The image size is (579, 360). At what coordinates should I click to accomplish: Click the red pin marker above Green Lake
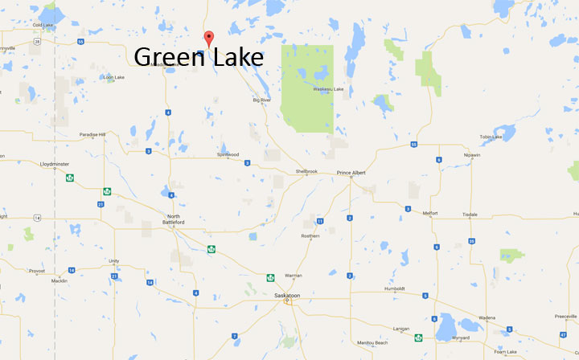click(x=209, y=37)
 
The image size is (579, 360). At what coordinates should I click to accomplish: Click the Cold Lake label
click(x=43, y=25)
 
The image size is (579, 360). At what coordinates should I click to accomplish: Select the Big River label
click(x=262, y=100)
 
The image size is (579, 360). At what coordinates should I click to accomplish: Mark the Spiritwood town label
click(x=228, y=154)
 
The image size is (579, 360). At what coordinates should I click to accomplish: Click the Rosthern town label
click(x=310, y=235)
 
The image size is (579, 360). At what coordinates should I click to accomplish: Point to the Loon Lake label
click(x=113, y=77)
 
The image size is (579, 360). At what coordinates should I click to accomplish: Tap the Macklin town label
click(x=59, y=281)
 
